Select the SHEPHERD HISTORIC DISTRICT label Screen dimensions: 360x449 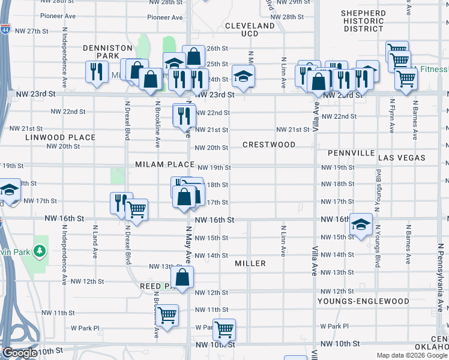coord(363,21)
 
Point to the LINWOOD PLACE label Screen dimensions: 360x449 coord(61,137)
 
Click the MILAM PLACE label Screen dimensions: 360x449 coord(164,164)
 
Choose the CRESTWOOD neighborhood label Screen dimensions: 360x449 coord(269,145)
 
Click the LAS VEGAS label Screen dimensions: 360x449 coord(402,158)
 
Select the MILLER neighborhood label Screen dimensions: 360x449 coord(250,263)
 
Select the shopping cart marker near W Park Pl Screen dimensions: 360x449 coord(224,328)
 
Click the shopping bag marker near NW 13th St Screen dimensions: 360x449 coord(182,277)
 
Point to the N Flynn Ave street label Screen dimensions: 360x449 coord(391,115)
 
